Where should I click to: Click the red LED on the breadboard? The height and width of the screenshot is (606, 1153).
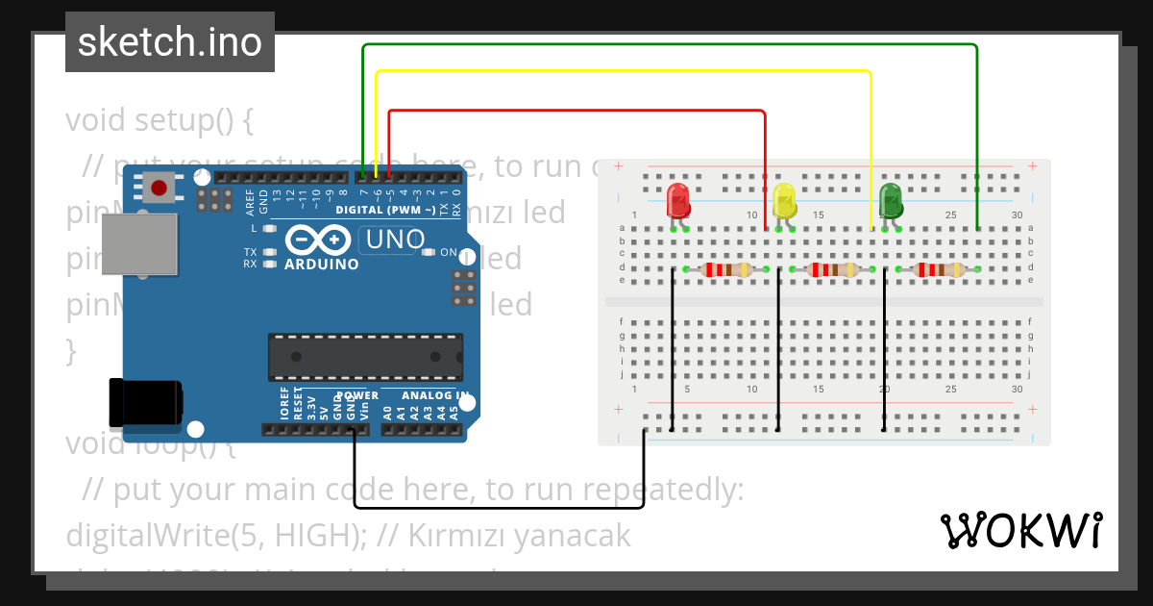[678, 201]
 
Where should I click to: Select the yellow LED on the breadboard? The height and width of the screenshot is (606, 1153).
[784, 201]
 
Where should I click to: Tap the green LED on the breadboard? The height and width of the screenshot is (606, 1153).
[891, 201]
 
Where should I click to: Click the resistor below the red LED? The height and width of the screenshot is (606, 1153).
[725, 270]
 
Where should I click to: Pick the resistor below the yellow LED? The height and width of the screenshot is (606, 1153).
[831, 270]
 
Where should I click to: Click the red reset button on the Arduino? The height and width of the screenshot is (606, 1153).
[158, 187]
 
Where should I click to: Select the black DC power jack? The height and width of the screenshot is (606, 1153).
[144, 403]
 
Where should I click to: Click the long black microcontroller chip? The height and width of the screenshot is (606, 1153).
[365, 357]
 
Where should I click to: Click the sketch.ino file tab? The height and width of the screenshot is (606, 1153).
[170, 42]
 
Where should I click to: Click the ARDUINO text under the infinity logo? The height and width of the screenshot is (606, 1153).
[322, 264]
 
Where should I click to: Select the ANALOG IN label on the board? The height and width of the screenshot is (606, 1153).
[435, 395]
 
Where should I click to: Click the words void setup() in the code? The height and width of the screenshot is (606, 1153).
[159, 121]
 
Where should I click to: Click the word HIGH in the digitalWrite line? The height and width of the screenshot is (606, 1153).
[319, 535]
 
